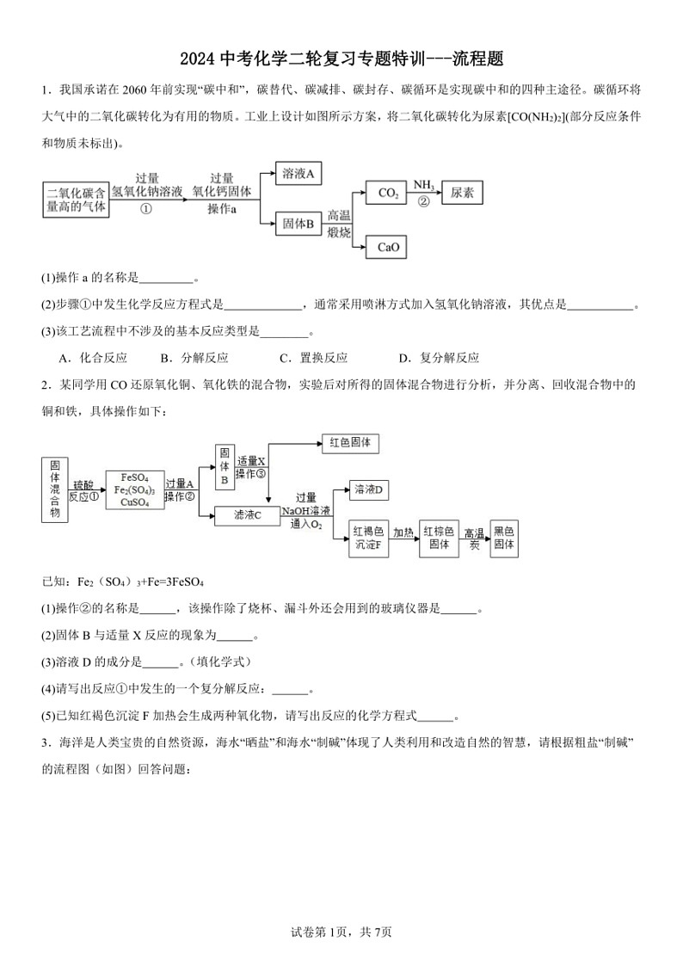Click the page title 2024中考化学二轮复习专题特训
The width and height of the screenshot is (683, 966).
coord(341,58)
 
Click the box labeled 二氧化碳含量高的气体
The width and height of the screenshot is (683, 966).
coord(77,200)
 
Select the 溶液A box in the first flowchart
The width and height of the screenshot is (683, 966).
coord(298,174)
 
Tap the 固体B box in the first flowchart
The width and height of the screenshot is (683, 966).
coord(298,225)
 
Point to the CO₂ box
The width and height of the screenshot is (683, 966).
coord(388,194)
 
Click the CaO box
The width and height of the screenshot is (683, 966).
coord(388,248)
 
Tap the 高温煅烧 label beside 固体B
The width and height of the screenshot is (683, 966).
coord(339,225)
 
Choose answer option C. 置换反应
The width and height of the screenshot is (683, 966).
coord(313,358)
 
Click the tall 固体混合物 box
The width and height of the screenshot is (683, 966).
coord(54,489)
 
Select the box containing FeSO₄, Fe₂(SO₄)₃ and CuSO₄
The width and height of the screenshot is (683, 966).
coord(138,490)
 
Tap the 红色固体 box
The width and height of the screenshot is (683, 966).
coord(349,444)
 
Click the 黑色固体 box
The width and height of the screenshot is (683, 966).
coord(503,538)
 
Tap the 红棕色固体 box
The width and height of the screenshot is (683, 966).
coord(439,538)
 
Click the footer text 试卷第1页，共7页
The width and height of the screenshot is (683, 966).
coord(341,931)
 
